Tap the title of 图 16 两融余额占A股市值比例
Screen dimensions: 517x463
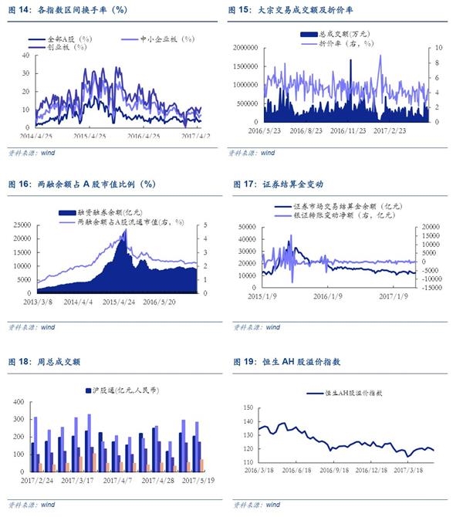pyautogui.click(x=81, y=184)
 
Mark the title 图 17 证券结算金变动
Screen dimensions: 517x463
pyautogui.click(x=275, y=184)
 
